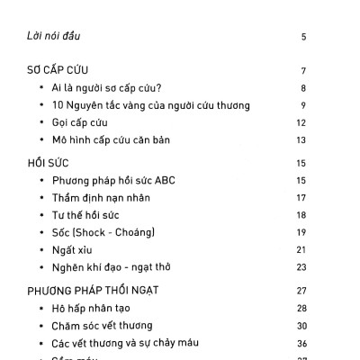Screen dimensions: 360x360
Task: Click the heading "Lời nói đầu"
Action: (57, 37)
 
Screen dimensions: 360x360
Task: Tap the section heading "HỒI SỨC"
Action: (48, 163)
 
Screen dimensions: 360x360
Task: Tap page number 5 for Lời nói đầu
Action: (304, 37)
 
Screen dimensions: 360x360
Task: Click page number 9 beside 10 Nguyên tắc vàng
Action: (304, 105)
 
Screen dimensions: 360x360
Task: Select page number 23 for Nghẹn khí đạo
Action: (301, 266)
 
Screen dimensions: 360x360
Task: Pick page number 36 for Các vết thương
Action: (301, 343)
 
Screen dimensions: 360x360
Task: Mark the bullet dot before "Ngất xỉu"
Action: (42, 250)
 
